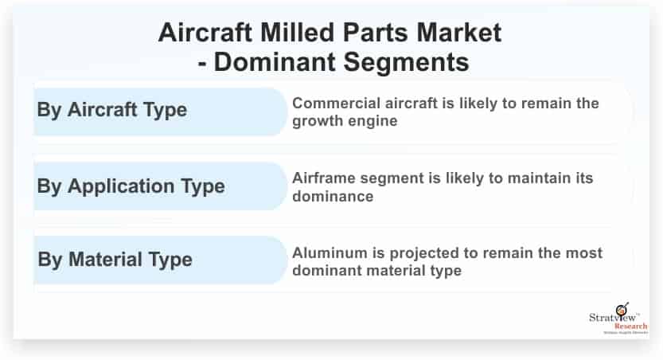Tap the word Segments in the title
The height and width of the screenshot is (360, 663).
406,62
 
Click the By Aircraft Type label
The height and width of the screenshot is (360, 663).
112,110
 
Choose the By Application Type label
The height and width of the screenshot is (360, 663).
131,186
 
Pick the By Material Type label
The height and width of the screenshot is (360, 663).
115,260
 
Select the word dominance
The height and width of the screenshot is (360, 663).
333,196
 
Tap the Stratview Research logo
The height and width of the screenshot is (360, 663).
618,319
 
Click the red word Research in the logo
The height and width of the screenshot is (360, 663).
631,327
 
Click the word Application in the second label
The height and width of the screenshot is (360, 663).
121,186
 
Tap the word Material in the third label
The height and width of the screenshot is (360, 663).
105,260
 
